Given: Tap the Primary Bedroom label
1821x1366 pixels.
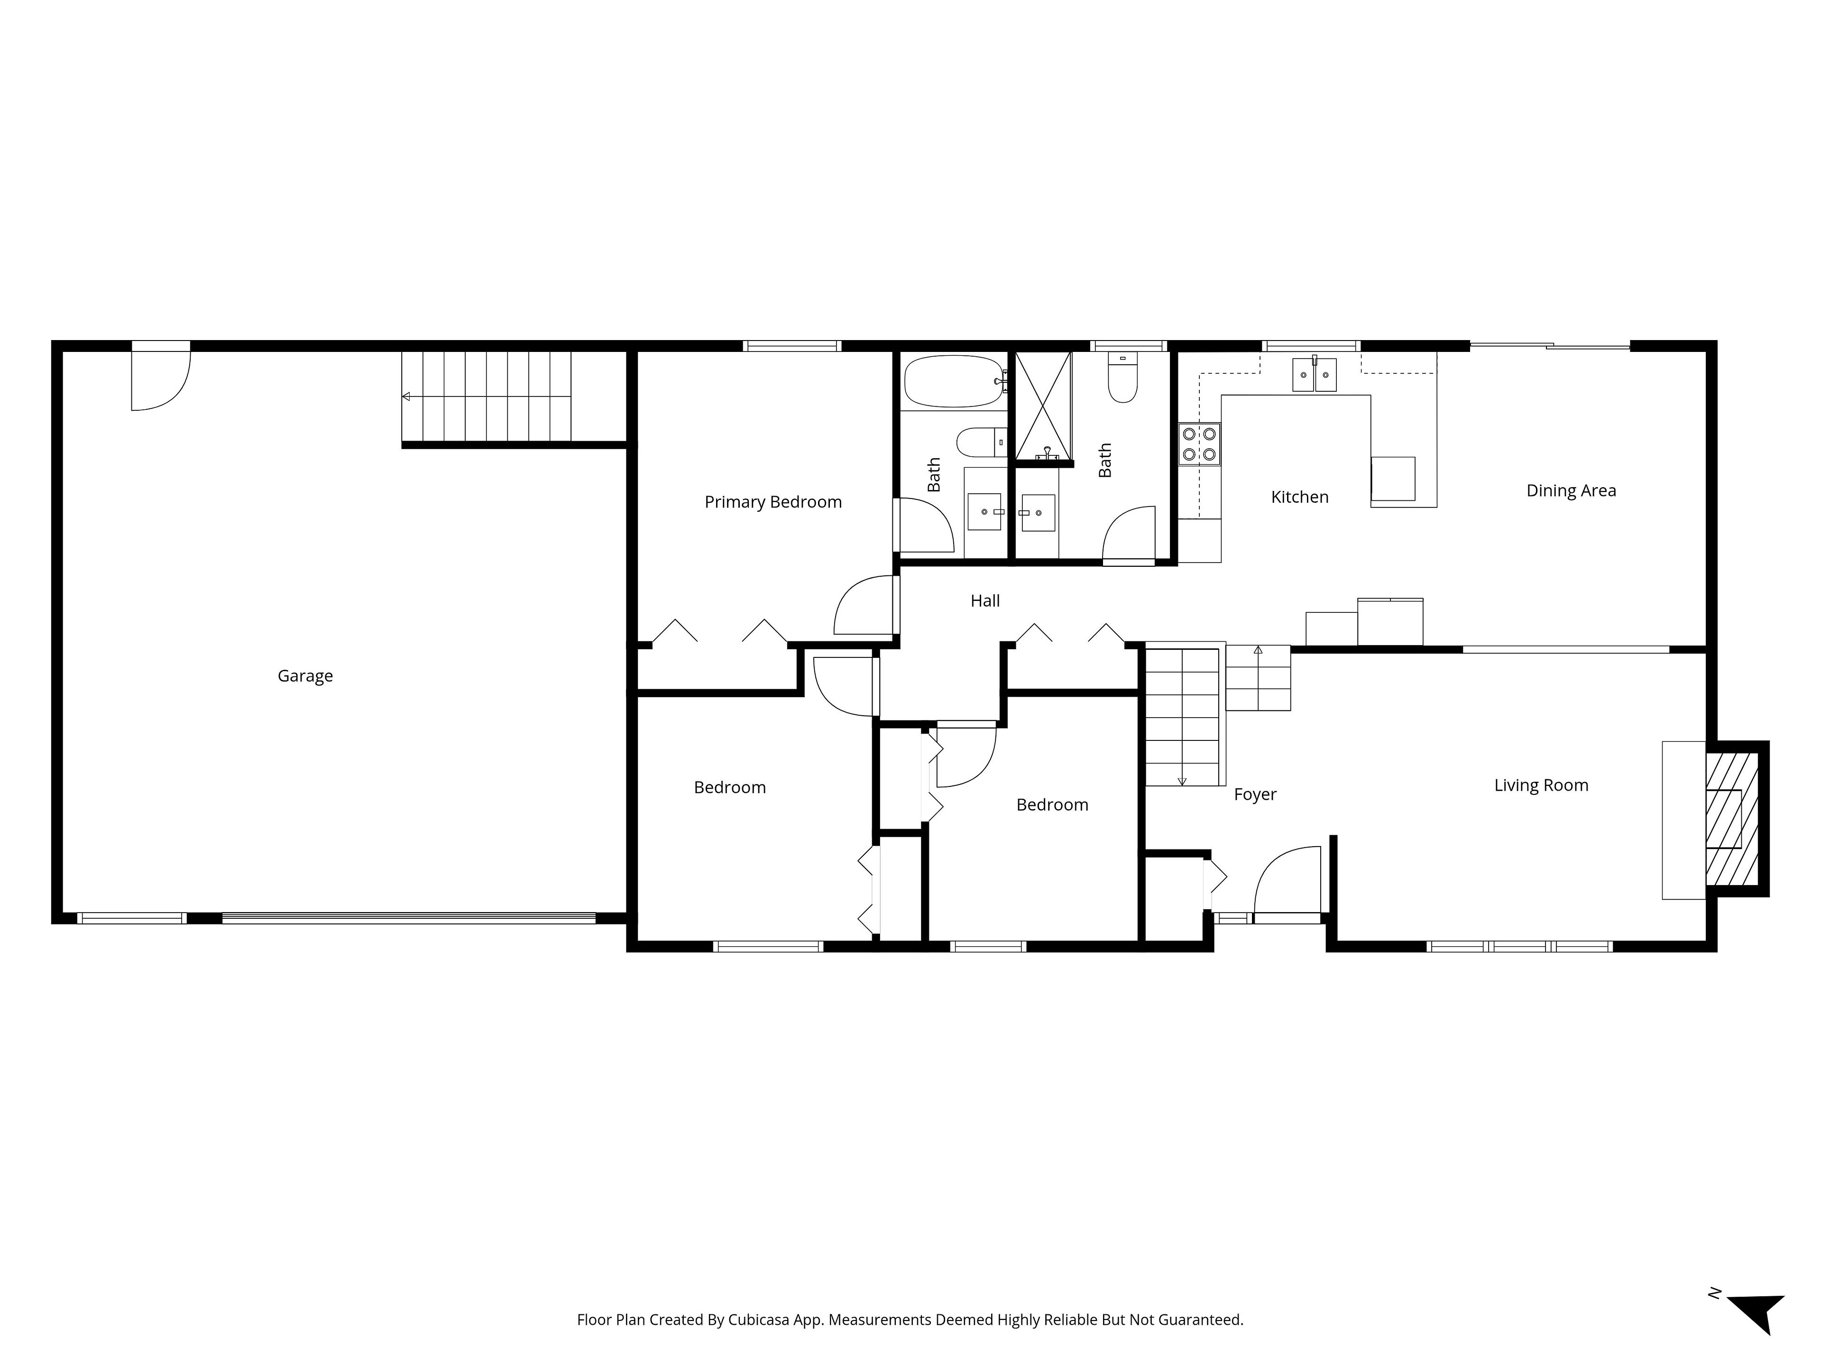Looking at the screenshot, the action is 773,502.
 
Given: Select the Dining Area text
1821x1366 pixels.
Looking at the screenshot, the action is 1571,491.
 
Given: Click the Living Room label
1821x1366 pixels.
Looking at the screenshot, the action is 1541,785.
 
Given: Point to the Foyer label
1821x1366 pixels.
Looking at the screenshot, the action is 1255,794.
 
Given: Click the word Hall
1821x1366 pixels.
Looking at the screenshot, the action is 984,601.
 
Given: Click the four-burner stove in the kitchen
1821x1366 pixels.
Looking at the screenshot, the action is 1199,444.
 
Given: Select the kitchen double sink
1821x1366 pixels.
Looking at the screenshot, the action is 1314,375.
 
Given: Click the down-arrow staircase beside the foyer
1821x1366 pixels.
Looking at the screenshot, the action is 1181,716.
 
